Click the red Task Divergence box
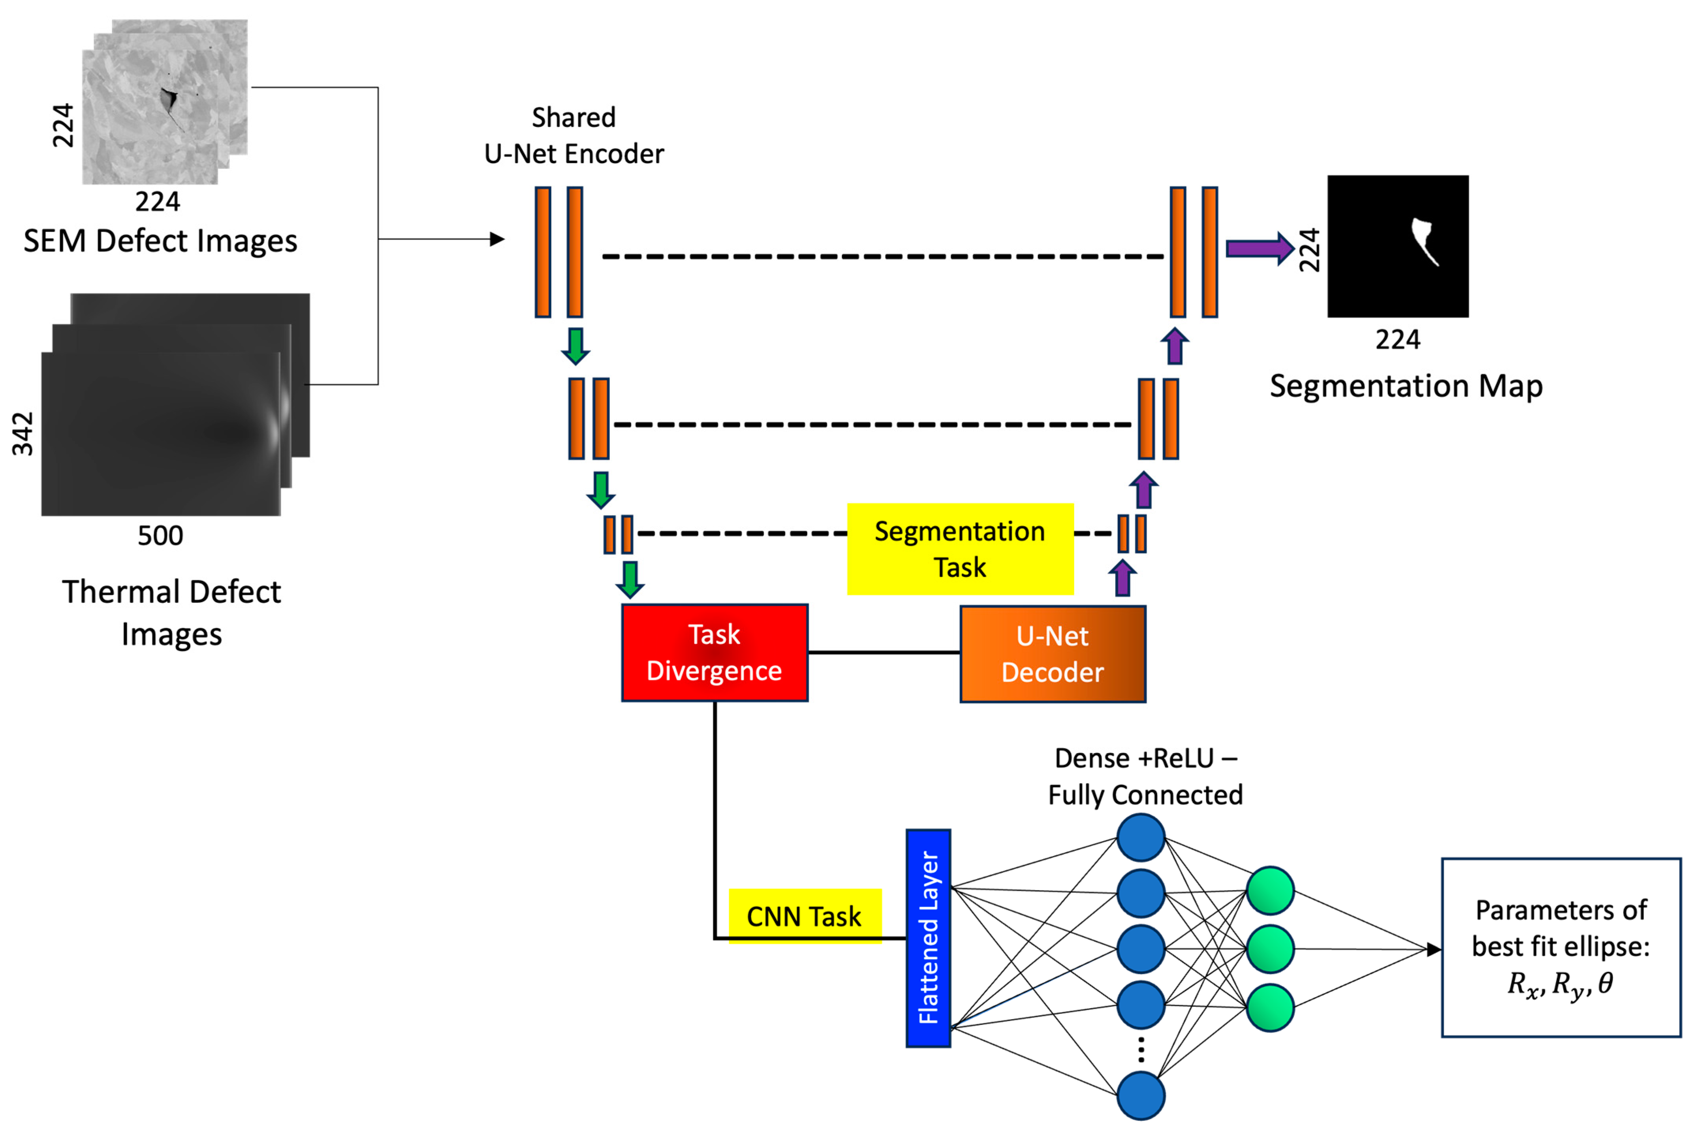pyautogui.click(x=714, y=652)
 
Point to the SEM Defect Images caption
pyautogui.click(x=160, y=240)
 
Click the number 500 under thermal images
pyautogui.click(x=160, y=536)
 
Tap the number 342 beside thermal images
pyautogui.click(x=23, y=434)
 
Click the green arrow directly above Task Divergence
pyautogui.click(x=630, y=578)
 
